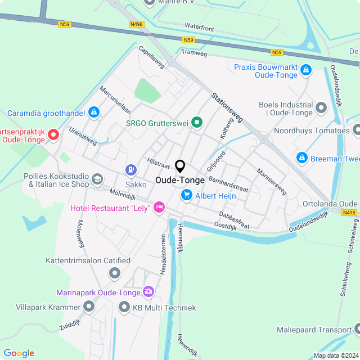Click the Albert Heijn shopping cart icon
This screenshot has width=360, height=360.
186,195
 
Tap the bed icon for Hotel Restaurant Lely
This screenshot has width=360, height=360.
159,208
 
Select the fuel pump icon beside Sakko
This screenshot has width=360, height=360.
131,169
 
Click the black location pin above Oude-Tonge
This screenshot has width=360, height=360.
180,166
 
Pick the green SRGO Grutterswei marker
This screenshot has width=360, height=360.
196,121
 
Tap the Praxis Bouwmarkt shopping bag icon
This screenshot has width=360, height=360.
305,70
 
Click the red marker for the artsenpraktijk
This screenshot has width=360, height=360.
53,134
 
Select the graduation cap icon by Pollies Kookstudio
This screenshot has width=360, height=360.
97,179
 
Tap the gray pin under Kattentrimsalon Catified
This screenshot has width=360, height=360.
115,273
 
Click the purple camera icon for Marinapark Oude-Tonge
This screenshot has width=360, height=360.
148,291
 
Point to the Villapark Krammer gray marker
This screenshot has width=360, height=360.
89,307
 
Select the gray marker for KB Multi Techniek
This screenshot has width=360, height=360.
124,307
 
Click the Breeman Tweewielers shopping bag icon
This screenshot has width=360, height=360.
301,158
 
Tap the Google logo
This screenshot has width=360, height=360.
19,353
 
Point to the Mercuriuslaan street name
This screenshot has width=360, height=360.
115,99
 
